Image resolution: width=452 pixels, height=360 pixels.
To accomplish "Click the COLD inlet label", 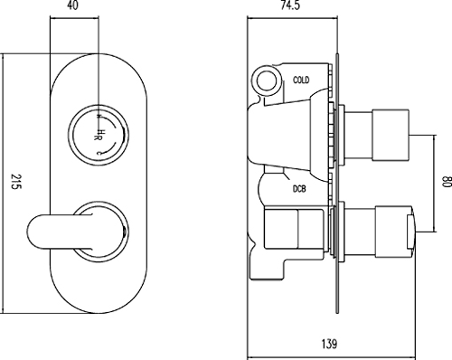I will [302, 81].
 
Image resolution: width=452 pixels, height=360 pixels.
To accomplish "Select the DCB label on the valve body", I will [298, 188].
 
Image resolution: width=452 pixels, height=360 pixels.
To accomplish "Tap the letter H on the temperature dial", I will [100, 136].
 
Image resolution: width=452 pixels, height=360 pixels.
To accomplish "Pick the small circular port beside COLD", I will [268, 81].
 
